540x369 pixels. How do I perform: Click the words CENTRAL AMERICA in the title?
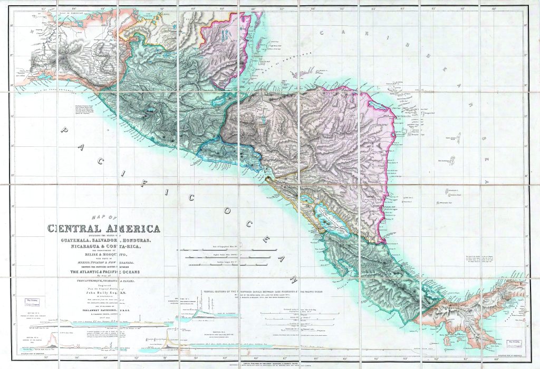[104, 228]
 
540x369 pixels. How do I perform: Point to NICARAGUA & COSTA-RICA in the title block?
[105, 245]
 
